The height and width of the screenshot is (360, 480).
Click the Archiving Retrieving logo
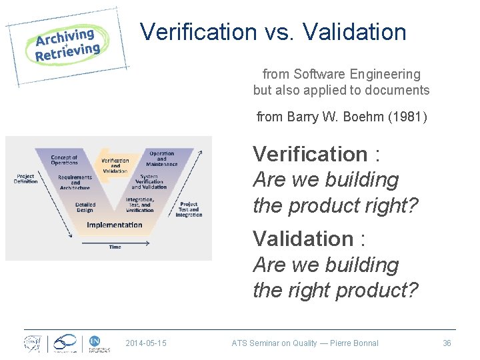click(67, 45)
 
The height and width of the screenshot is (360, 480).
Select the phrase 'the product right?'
click(335, 206)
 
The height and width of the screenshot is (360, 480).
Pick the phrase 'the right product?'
click(335, 291)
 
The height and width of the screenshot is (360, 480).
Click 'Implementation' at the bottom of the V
click(114, 225)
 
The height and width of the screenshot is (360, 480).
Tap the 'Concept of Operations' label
click(64, 160)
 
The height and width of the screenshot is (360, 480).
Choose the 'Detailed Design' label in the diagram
click(85, 207)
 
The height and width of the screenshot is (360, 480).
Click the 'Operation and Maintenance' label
click(161, 159)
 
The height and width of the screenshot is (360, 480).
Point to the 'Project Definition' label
click(26, 179)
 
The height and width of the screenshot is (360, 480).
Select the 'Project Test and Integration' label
click(189, 209)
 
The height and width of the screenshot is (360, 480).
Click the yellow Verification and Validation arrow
click(117, 165)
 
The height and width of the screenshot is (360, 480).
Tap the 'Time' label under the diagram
click(115, 247)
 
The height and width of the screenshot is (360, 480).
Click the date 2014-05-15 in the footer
click(146, 343)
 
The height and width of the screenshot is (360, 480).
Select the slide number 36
click(447, 343)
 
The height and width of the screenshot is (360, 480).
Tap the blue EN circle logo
click(95, 341)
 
